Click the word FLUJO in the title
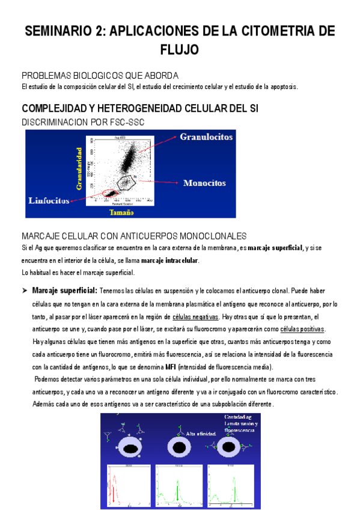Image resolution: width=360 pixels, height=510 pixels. (x=180, y=49)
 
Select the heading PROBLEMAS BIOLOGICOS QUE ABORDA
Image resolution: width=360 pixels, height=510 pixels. (x=100, y=76)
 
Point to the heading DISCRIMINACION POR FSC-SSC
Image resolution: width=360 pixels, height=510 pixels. (x=82, y=121)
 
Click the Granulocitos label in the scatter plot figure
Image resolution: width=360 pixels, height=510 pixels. (x=206, y=137)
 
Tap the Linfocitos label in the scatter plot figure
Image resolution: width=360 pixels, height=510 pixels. (x=49, y=200)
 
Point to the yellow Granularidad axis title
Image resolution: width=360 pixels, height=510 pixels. (x=78, y=169)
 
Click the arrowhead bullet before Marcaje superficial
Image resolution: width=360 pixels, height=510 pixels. (x=25, y=290)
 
